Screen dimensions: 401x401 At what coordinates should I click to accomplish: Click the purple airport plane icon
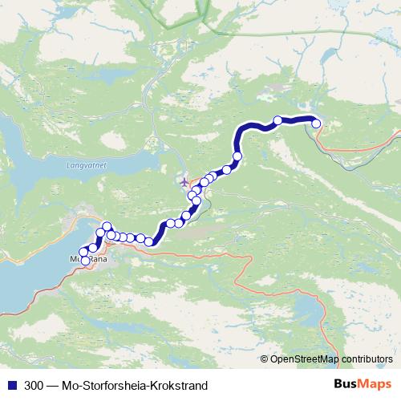click(186, 180)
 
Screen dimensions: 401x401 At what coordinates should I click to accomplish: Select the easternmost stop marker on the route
click(316, 123)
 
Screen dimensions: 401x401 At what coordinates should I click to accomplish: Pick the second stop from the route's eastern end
click(278, 121)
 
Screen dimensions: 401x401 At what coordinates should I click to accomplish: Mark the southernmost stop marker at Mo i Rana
click(86, 261)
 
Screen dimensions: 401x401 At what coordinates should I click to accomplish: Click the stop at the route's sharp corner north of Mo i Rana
click(107, 227)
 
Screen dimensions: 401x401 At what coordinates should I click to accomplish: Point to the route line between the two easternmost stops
click(298, 119)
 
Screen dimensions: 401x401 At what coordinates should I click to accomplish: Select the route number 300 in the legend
click(34, 386)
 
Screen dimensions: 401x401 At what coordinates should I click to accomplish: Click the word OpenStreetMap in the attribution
click(304, 358)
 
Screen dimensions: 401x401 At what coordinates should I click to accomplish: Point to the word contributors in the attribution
click(367, 358)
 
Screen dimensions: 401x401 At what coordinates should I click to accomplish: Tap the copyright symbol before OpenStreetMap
click(265, 358)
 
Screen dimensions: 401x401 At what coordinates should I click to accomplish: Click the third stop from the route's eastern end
click(237, 156)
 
